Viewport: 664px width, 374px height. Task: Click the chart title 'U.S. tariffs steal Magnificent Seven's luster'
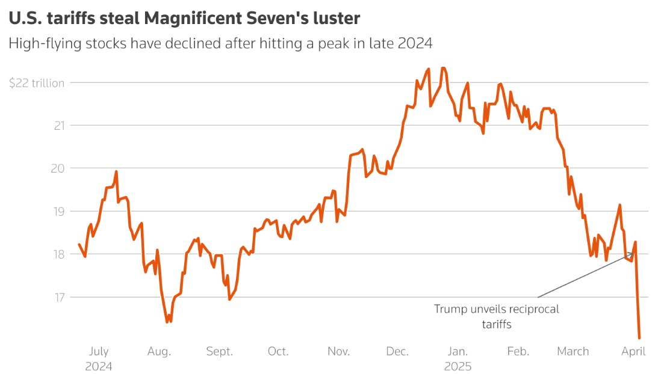click(184, 19)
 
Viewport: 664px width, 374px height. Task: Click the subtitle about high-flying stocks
click(221, 44)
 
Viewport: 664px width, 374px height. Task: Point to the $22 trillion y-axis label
click(37, 83)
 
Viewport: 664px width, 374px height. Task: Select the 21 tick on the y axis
click(59, 126)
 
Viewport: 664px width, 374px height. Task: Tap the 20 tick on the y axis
click(58, 168)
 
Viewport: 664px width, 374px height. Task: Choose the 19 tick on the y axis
click(58, 211)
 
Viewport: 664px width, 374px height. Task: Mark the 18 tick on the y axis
click(58, 254)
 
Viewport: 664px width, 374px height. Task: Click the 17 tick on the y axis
click(58, 297)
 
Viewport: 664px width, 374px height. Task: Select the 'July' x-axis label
click(98, 352)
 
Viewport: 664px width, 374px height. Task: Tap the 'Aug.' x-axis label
click(159, 352)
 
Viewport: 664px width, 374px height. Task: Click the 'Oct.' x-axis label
click(278, 352)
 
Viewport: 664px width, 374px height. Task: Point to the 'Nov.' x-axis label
click(339, 352)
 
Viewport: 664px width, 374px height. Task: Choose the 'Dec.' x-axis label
click(398, 352)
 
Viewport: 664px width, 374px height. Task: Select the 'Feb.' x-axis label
click(518, 352)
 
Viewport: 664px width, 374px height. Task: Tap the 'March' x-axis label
click(573, 352)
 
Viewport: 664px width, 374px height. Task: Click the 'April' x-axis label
click(633, 352)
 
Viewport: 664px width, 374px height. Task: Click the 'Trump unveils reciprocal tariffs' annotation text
click(497, 316)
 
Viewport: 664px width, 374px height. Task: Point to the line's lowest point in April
click(639, 338)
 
